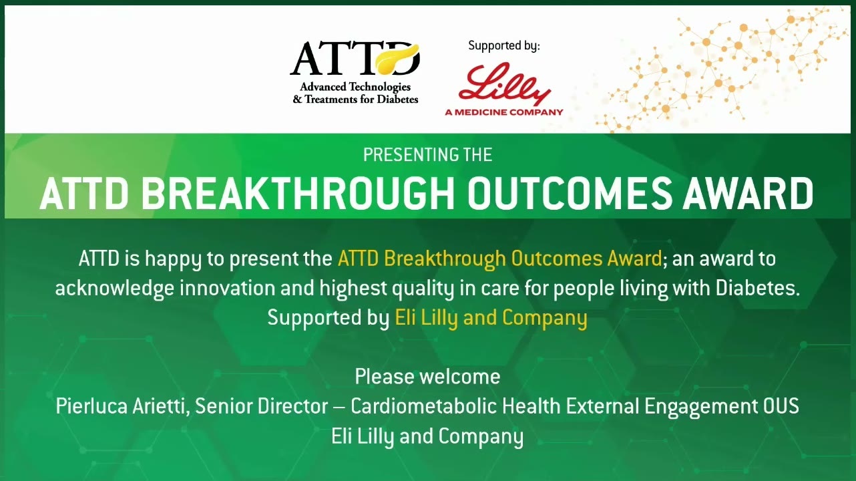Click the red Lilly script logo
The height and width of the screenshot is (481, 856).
(504, 84)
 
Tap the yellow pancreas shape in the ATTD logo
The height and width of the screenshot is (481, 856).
(397, 59)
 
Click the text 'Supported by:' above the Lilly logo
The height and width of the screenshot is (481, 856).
(504, 46)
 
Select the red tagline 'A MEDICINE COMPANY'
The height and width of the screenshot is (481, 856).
(504, 112)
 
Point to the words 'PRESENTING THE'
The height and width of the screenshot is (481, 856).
(427, 155)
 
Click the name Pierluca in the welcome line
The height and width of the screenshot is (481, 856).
(91, 406)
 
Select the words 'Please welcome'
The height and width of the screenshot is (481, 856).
(427, 377)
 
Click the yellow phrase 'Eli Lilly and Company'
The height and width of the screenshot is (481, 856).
(491, 318)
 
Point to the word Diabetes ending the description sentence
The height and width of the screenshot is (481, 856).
(757, 289)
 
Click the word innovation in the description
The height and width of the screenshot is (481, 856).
(228, 289)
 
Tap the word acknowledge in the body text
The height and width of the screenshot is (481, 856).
(115, 289)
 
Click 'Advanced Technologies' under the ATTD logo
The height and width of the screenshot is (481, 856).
(355, 87)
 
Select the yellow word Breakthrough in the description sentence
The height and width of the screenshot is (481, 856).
(445, 259)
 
